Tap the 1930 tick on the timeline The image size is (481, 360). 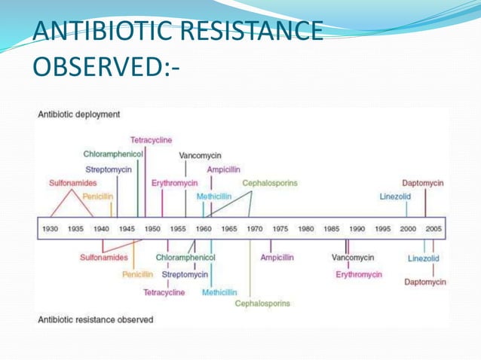(50, 229)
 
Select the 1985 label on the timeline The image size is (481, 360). (331, 229)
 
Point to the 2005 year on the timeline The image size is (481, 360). (433, 229)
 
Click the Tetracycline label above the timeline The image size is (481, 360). (151, 140)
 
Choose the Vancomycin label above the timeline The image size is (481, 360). (200, 155)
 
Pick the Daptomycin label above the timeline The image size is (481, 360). (422, 183)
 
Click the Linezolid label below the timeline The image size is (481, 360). (424, 258)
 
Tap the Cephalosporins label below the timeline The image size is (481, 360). (262, 304)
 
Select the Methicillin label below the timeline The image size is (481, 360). (219, 292)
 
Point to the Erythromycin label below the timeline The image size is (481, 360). (359, 274)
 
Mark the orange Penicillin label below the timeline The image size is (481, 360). (138, 274)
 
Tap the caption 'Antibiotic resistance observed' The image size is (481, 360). (95, 319)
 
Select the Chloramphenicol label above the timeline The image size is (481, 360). (114, 154)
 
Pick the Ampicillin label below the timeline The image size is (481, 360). (277, 258)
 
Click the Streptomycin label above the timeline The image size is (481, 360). (109, 169)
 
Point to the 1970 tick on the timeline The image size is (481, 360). (255, 229)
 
